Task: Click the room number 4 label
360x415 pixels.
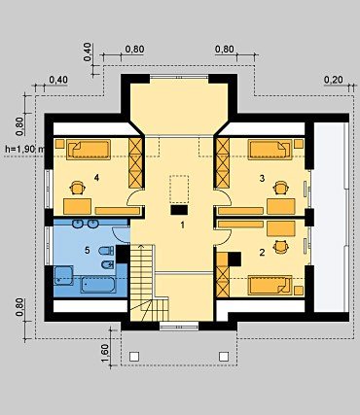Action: [x=96, y=178]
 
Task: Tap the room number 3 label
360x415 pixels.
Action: [x=262, y=178]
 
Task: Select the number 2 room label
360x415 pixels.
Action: [x=262, y=253]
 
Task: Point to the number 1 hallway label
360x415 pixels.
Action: [x=183, y=225]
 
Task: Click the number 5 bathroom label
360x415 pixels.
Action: [x=87, y=250]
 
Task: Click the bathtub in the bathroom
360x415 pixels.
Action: [x=97, y=285]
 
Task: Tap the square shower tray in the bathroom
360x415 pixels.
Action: [x=63, y=276]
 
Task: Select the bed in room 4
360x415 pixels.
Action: [x=89, y=150]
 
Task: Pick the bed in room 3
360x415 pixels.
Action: [x=270, y=150]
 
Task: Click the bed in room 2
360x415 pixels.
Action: [x=270, y=286]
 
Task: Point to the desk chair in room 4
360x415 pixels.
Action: [x=78, y=188]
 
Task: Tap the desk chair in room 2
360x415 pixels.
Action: [x=281, y=247]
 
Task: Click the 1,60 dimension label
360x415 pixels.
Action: [x=105, y=354]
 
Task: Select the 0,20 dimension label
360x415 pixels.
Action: [x=334, y=80]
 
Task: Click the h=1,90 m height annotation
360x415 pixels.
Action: [x=24, y=149]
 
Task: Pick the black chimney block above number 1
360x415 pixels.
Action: [x=179, y=210]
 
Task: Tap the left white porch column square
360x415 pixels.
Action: [x=134, y=357]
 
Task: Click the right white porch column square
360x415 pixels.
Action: [x=224, y=357]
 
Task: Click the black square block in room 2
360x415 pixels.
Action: [x=234, y=259]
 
